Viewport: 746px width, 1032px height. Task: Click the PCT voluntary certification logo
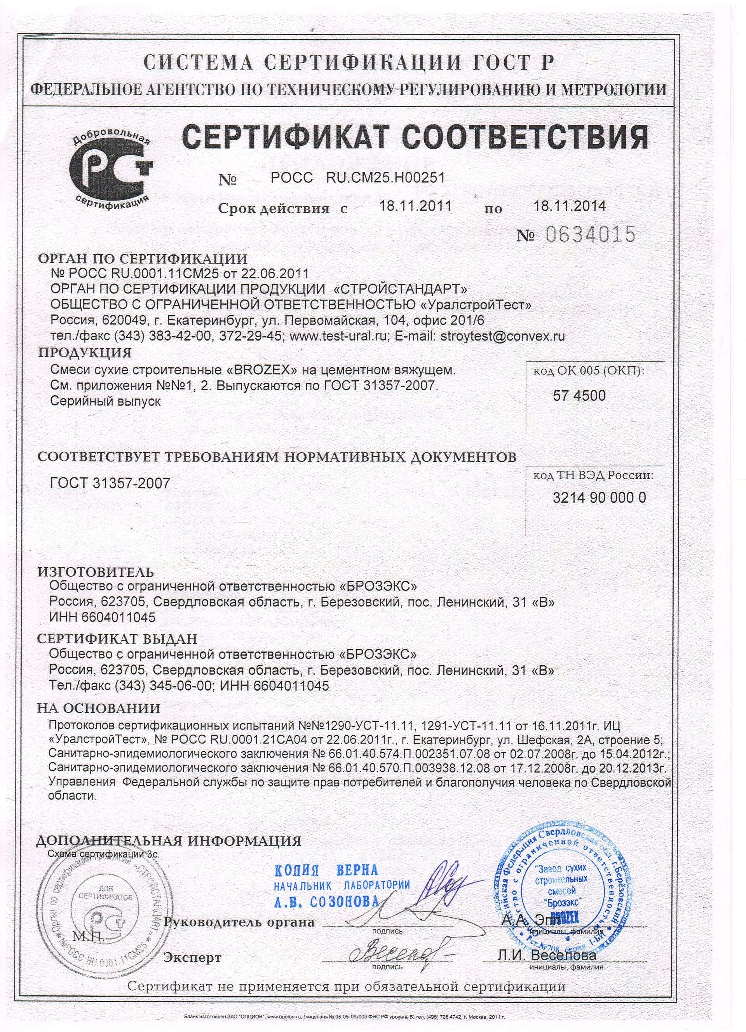tap(112, 171)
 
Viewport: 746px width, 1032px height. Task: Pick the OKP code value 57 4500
tap(579, 396)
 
